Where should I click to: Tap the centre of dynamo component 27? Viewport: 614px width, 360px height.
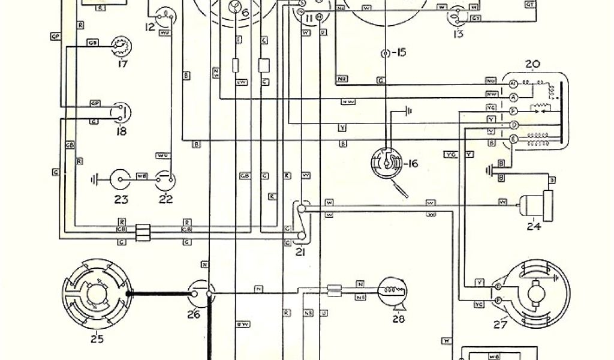click(533, 295)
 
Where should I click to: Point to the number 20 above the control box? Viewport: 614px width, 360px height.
click(532, 64)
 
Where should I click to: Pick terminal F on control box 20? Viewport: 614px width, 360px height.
click(513, 112)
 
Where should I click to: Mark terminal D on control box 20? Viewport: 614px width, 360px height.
click(513, 125)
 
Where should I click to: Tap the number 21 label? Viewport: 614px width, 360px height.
click(300, 253)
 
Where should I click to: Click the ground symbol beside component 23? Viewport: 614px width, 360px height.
click(95, 178)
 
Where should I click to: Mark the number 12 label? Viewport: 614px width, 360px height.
click(149, 26)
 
